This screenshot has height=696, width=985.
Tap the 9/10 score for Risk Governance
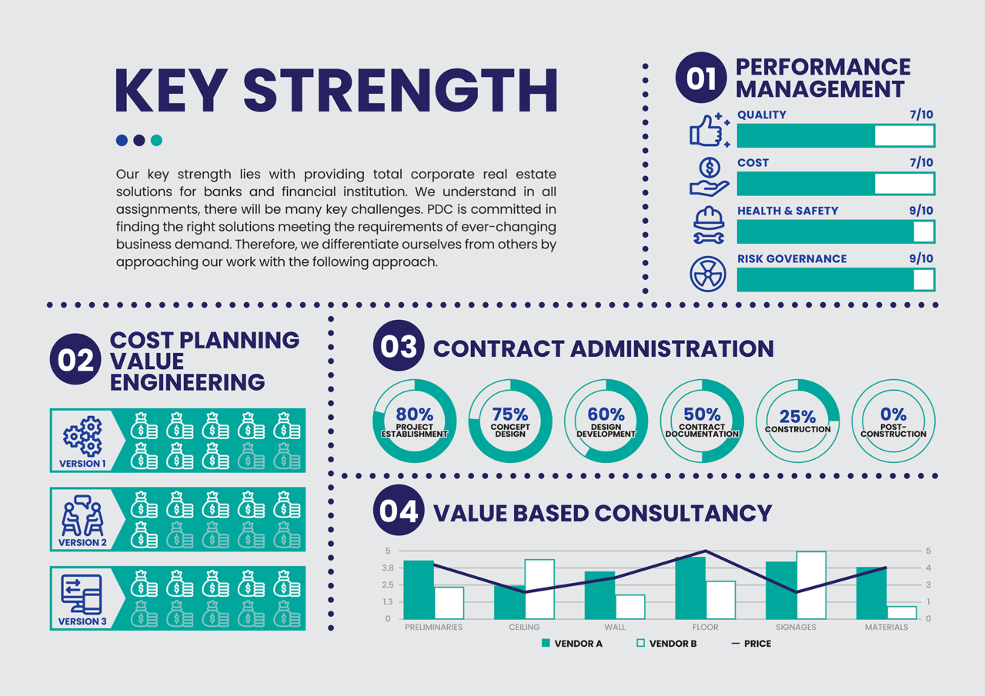point(920,258)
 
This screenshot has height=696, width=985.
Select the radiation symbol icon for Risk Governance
point(708,275)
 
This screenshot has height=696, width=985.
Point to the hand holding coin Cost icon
point(709,178)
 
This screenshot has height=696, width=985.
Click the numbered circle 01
point(700,78)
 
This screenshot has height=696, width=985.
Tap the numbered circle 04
point(399,511)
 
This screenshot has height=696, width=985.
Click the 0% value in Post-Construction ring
point(893,415)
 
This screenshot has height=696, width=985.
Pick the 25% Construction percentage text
point(797,416)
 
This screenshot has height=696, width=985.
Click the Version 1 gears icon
point(82,436)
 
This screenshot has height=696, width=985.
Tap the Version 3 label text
point(82,621)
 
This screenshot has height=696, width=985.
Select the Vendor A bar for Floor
point(690,588)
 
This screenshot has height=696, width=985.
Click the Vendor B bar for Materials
point(902,612)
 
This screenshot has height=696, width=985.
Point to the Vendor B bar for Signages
point(811,585)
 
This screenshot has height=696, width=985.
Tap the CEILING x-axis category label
point(524,628)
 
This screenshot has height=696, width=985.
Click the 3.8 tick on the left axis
point(386,568)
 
